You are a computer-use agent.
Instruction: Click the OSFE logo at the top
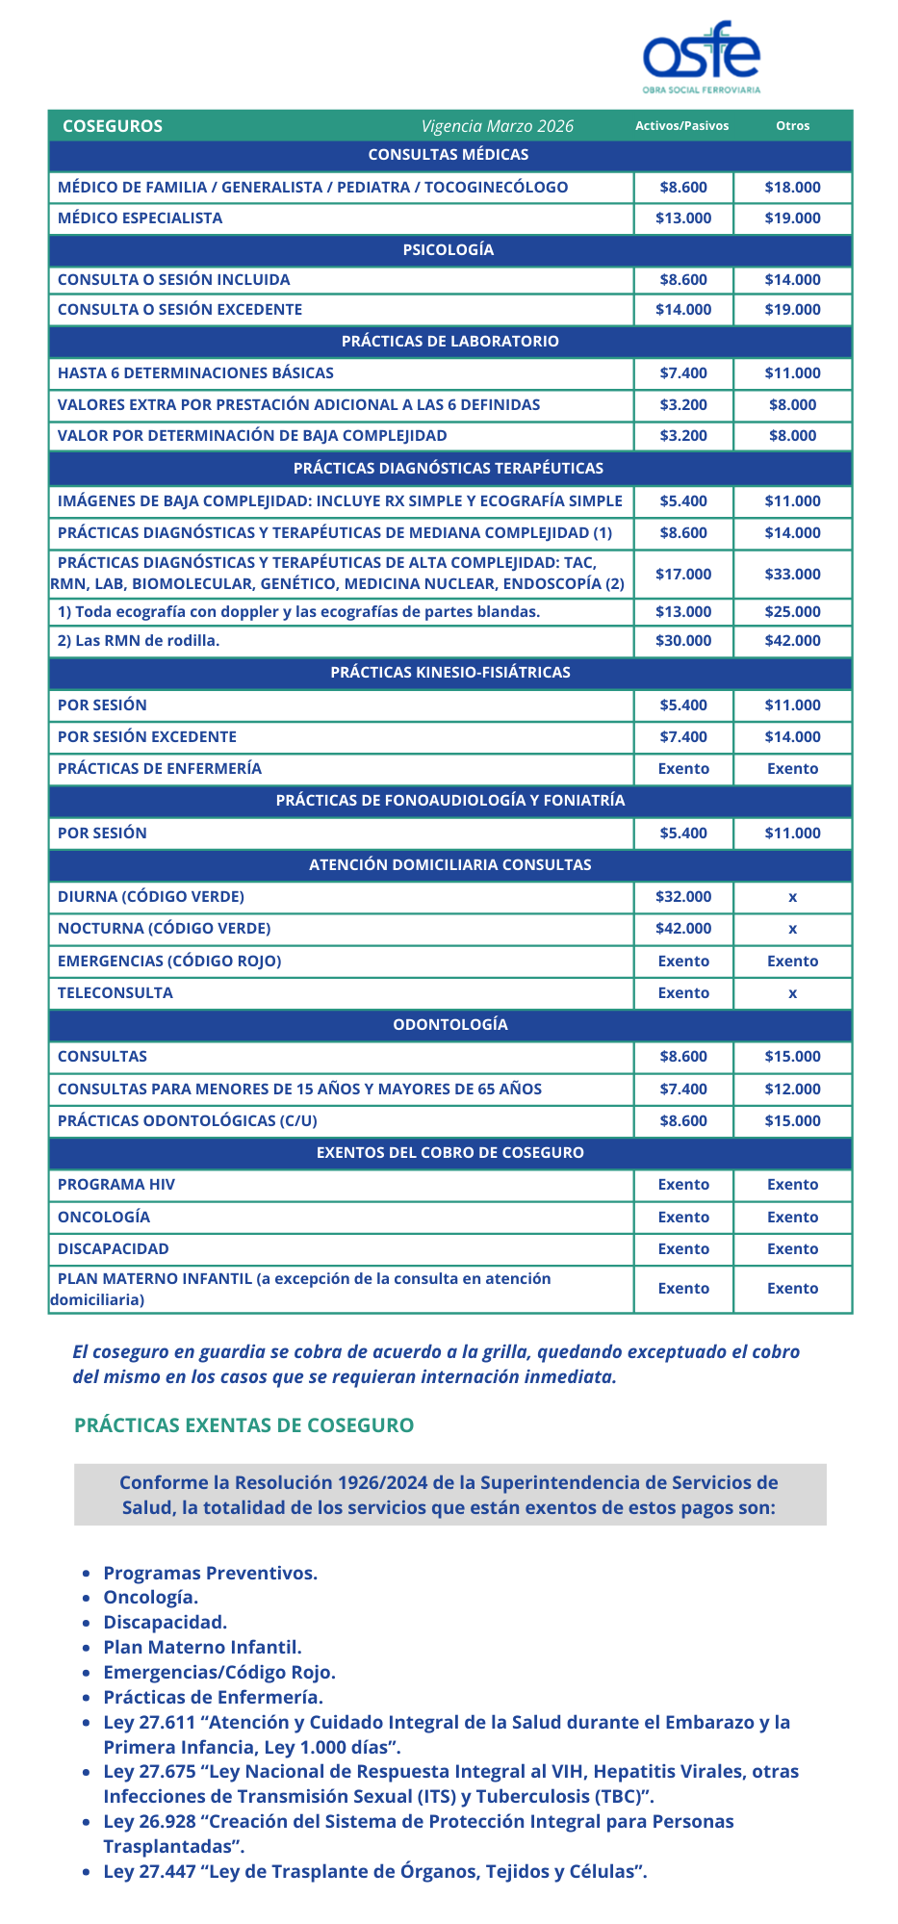click(x=701, y=55)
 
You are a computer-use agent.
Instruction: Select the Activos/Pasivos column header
click(x=681, y=126)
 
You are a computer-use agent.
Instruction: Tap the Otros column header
click(x=792, y=126)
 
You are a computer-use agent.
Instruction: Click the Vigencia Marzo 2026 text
click(x=497, y=126)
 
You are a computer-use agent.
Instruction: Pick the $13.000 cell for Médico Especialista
click(x=683, y=218)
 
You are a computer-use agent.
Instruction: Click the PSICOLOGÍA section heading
click(x=449, y=249)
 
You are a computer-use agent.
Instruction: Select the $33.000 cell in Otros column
click(x=792, y=575)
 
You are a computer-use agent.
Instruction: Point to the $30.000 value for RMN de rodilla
click(x=683, y=641)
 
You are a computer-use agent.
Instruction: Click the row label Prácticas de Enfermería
click(x=160, y=769)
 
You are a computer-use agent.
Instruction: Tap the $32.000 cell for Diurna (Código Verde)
click(x=683, y=897)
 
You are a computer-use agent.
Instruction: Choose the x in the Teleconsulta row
click(x=792, y=993)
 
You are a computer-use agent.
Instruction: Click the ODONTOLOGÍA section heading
click(x=449, y=1025)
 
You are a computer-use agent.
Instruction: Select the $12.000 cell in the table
click(x=792, y=1090)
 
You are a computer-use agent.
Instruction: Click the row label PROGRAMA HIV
click(x=116, y=1185)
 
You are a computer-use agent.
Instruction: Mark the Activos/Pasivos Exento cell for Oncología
click(x=683, y=1218)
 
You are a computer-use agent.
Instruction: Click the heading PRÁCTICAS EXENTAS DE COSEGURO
click(x=244, y=1425)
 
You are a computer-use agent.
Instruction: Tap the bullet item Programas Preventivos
click(x=210, y=1574)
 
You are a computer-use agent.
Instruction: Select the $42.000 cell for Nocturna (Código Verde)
click(x=683, y=929)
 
